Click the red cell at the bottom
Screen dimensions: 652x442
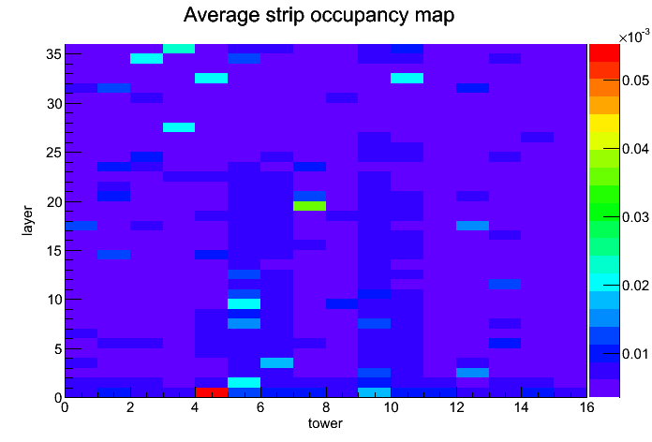coord(212,392)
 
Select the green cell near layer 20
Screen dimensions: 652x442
coord(309,206)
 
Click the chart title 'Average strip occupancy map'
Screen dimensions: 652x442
coord(319,15)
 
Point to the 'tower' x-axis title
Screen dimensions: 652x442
coord(325,423)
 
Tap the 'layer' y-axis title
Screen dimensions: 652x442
coord(27,220)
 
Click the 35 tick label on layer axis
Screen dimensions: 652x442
coord(54,54)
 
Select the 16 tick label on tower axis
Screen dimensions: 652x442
coord(586,407)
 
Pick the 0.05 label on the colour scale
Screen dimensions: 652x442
coord(635,80)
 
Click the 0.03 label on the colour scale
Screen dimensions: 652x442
coord(635,217)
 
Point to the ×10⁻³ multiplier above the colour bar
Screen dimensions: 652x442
coord(634,37)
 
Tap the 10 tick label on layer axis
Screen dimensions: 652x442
coord(54,300)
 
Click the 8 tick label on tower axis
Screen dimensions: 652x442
coord(326,407)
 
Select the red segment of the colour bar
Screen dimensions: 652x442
coord(604,52)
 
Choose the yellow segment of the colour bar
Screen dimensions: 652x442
coord(604,123)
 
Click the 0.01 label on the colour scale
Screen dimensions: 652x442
coord(635,354)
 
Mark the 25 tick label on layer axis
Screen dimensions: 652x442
coord(54,153)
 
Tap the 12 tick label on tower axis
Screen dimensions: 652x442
coord(456,407)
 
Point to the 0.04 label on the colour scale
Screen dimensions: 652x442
coord(635,149)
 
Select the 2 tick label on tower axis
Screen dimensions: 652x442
coord(130,407)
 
